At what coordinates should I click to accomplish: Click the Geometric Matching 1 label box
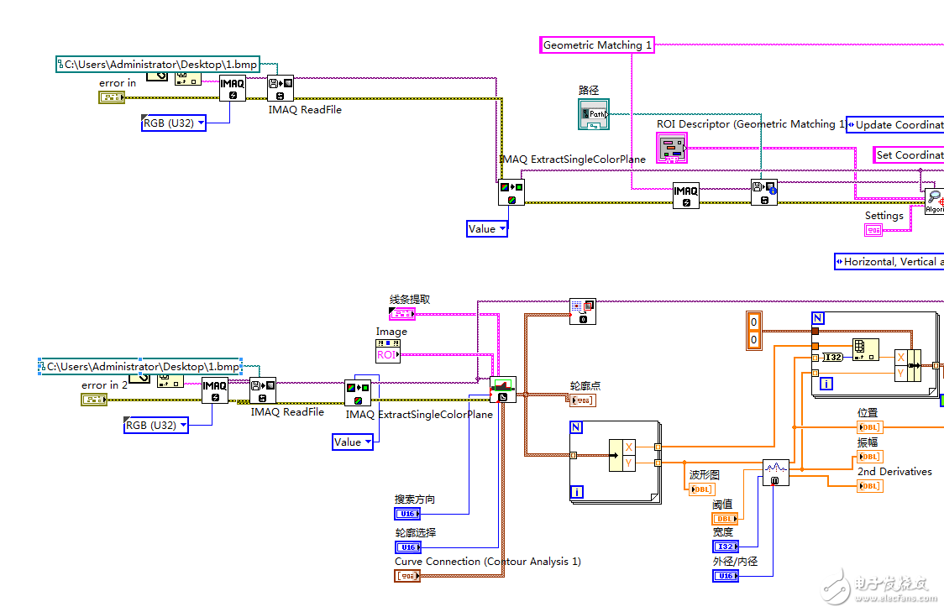(x=597, y=45)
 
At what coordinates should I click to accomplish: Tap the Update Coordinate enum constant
(x=894, y=125)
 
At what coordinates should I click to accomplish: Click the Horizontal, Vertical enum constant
(x=889, y=262)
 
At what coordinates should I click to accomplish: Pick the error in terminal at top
(x=112, y=97)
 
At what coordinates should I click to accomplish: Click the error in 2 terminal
(x=94, y=400)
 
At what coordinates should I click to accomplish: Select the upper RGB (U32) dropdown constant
(x=173, y=123)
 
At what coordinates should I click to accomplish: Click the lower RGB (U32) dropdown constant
(x=155, y=426)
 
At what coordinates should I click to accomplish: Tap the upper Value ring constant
(x=487, y=228)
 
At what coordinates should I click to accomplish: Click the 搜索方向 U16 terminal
(x=407, y=514)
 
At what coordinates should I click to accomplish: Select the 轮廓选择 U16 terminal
(x=407, y=547)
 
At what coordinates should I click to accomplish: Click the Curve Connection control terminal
(x=407, y=576)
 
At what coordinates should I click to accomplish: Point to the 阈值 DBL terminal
(x=725, y=519)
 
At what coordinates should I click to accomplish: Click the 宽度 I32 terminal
(x=725, y=547)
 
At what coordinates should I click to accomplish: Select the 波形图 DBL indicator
(x=701, y=489)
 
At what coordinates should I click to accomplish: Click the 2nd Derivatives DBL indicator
(x=869, y=486)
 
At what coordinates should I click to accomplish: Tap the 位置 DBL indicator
(x=869, y=427)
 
